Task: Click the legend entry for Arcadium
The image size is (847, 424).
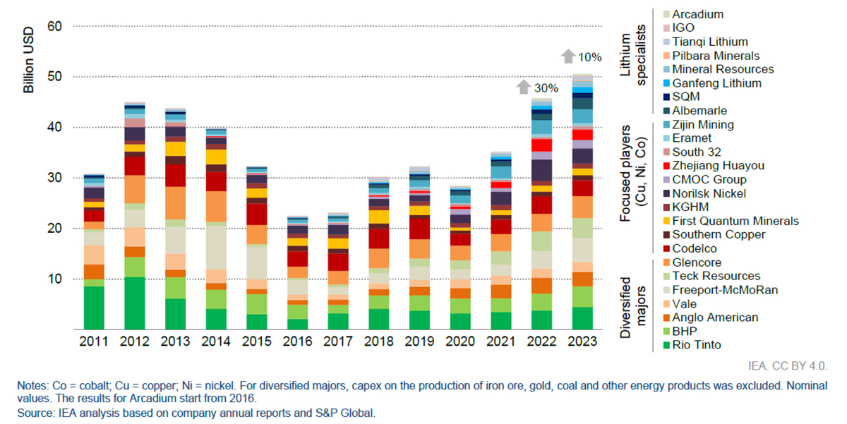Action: click(697, 14)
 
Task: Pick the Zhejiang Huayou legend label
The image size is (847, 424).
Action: click(716, 166)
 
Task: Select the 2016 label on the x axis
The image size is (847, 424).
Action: click(297, 341)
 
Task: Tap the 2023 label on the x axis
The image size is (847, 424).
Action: click(582, 341)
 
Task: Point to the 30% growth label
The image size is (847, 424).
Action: click(546, 88)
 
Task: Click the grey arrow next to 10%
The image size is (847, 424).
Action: click(568, 56)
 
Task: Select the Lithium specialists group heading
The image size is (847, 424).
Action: click(632, 54)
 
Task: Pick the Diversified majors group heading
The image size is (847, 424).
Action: click(632, 303)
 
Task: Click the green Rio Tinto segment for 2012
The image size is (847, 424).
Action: click(135, 303)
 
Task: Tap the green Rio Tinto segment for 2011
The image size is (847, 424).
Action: click(94, 307)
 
